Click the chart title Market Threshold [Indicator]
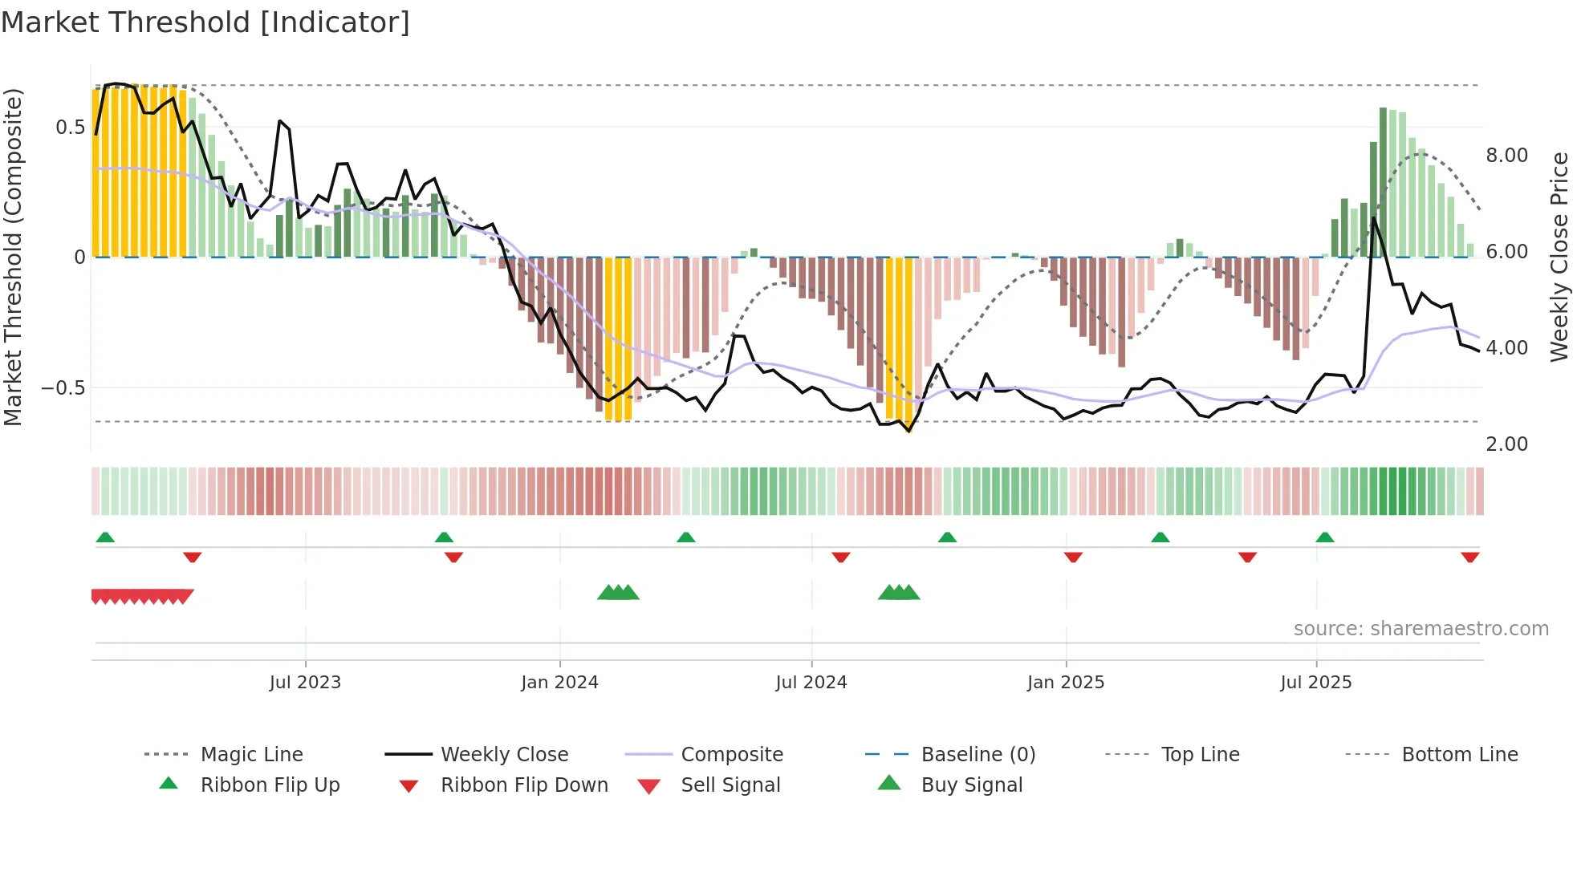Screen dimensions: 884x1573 pyautogui.click(x=205, y=22)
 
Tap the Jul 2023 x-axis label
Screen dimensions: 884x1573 pyautogui.click(x=305, y=683)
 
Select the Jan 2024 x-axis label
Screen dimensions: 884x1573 pyautogui.click(x=559, y=683)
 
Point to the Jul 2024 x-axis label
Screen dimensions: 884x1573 pyautogui.click(x=811, y=683)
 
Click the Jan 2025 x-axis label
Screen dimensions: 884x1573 pyautogui.click(x=1066, y=683)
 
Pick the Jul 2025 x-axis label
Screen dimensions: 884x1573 pyautogui.click(x=1316, y=683)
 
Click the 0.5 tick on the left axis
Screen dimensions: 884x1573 pyautogui.click(x=71, y=128)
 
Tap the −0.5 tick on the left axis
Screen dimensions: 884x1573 pyautogui.click(x=63, y=388)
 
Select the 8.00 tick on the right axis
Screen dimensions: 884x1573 pyautogui.click(x=1506, y=156)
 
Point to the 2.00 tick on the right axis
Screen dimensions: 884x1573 pyautogui.click(x=1506, y=444)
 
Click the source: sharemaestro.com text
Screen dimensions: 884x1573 pyautogui.click(x=1421, y=629)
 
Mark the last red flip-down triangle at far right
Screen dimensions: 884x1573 pyautogui.click(x=1470, y=558)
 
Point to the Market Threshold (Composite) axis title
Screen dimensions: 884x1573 pyautogui.click(x=13, y=257)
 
